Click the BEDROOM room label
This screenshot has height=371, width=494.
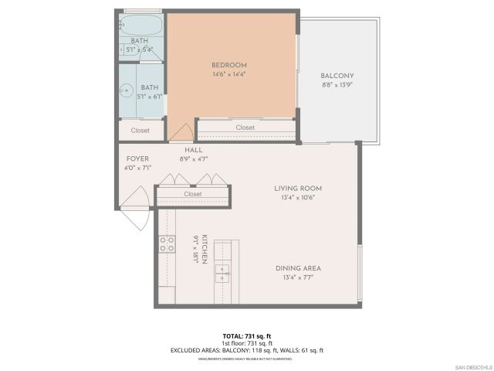[229, 64]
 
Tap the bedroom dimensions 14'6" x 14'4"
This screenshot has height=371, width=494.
[229, 73]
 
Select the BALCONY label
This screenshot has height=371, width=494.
[337, 76]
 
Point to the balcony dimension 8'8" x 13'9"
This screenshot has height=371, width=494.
[337, 85]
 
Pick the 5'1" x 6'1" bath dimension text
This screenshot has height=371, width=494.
[140, 97]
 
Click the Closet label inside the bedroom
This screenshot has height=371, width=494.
[245, 128]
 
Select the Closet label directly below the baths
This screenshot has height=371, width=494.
[140, 131]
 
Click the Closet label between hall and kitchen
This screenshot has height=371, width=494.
[193, 194]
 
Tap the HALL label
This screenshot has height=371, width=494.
[194, 150]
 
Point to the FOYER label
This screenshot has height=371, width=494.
[137, 158]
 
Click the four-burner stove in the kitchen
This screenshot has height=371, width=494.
[167, 245]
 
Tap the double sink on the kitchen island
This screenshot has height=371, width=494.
[222, 272]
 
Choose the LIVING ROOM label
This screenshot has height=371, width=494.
[298, 188]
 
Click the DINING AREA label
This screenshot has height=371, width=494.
[298, 268]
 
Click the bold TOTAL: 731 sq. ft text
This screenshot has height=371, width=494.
[246, 336]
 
